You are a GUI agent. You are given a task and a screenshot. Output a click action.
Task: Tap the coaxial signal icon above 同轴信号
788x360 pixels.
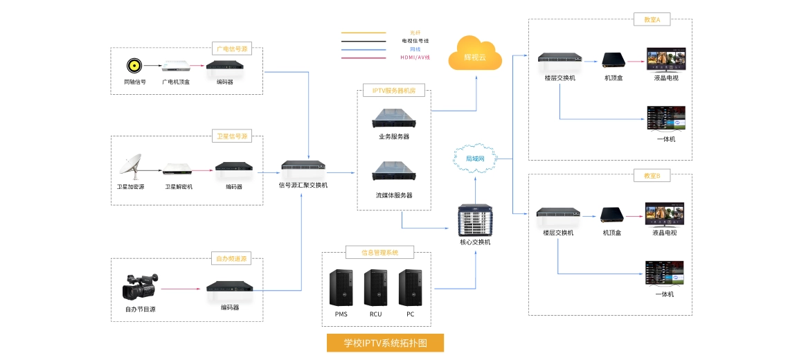coord(134,66)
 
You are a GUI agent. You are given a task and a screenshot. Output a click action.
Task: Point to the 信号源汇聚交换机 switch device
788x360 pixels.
coord(303,167)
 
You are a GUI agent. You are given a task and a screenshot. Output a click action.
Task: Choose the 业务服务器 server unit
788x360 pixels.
coord(394,118)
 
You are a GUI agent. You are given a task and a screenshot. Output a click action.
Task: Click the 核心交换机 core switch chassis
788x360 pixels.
coord(475,219)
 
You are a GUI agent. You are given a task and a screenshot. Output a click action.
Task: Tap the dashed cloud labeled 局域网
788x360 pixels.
coord(475,158)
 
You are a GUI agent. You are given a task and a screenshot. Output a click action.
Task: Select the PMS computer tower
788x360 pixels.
coord(341,287)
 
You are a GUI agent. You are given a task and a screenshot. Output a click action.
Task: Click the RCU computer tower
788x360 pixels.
coord(375,287)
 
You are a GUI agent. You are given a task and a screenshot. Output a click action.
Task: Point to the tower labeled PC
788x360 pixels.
coord(410,287)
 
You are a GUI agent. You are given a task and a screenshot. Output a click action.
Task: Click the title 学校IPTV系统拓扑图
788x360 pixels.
coord(385,343)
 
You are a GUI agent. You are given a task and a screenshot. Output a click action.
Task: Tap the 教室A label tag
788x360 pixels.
coord(652,21)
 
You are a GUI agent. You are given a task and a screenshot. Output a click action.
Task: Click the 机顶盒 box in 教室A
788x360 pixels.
coord(613,60)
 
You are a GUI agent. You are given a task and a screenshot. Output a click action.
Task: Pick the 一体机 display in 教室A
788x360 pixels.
coord(665,118)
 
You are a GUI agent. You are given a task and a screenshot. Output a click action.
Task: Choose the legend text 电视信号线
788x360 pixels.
coord(415,41)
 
